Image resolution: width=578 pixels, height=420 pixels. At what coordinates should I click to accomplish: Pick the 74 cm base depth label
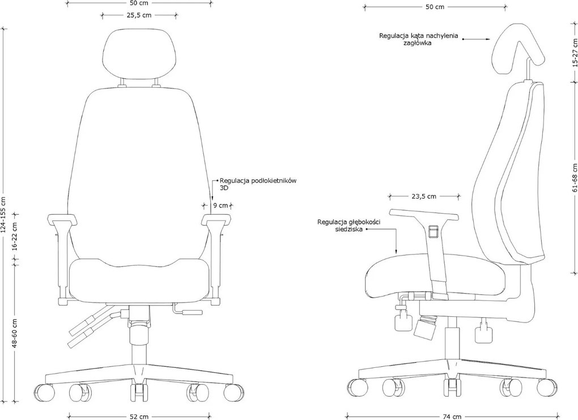tap(452, 416)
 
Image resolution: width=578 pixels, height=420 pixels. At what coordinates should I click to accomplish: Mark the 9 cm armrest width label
tap(220, 205)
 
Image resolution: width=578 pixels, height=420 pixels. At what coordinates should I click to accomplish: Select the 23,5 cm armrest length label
tap(424, 197)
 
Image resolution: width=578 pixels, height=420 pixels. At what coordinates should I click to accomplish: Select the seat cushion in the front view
tap(139, 278)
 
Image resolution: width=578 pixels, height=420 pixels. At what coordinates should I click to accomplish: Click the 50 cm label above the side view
tap(435, 7)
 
